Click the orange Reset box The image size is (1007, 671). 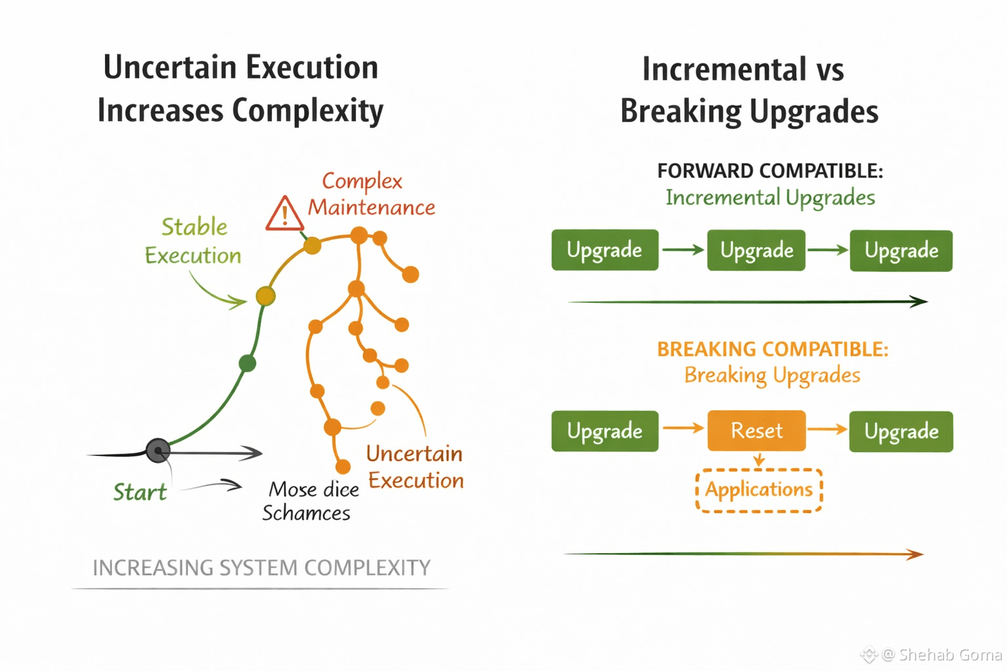(757, 431)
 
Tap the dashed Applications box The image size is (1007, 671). (759, 490)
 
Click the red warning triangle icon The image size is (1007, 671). (285, 214)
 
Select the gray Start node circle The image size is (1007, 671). (158, 450)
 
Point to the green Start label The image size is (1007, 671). (140, 492)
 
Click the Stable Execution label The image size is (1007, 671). (193, 241)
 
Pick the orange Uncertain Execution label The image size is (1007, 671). (415, 467)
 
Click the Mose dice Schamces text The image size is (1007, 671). (310, 501)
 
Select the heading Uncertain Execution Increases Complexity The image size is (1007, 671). (241, 88)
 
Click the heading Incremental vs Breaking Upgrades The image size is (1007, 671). (749, 90)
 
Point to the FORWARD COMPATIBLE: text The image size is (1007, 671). (770, 171)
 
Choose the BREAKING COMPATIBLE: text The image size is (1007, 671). (772, 349)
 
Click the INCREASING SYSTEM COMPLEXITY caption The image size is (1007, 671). (261, 567)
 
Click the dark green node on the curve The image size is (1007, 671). (247, 363)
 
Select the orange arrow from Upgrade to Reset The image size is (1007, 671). (682, 429)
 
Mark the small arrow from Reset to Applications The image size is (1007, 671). (759, 461)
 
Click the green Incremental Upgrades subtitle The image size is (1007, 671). (770, 197)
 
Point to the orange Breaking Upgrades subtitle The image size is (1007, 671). (772, 375)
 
